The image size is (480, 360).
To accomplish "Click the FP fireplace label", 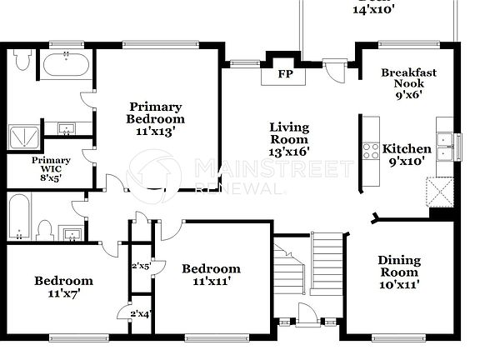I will pyautogui.click(x=285, y=73).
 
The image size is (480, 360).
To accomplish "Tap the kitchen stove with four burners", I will pyautogui.click(x=368, y=151).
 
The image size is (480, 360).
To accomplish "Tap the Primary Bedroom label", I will pyautogui.click(x=156, y=112).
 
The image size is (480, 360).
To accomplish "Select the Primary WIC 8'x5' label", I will pyautogui.click(x=51, y=168).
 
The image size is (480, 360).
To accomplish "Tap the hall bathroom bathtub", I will pyautogui.click(x=20, y=216).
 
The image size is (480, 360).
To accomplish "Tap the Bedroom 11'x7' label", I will pyautogui.click(x=63, y=287).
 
